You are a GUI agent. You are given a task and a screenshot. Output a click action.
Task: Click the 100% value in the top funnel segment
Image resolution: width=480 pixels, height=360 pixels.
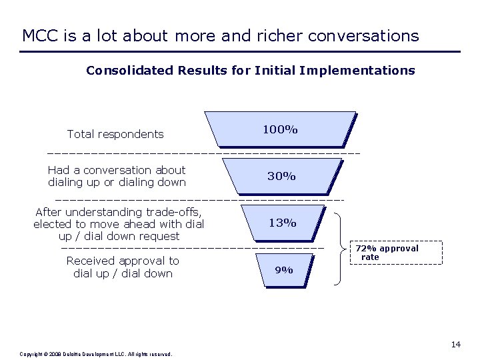[280, 129]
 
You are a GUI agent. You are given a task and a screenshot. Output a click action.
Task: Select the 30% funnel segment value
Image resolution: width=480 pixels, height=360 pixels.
[281, 176]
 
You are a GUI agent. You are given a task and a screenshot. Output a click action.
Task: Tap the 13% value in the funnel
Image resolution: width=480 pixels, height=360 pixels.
[283, 223]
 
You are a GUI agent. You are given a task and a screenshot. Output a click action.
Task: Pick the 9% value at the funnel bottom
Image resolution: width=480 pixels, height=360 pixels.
[284, 270]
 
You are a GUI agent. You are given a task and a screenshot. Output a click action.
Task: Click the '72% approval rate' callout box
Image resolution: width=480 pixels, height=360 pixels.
[396, 253]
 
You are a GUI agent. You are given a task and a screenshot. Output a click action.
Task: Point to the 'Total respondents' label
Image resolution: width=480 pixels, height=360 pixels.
[115, 134]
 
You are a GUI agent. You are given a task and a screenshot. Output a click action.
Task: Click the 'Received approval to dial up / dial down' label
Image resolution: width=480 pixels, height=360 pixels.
[123, 267]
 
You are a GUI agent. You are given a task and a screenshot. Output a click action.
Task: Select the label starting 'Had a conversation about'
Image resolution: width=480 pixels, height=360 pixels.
[117, 176]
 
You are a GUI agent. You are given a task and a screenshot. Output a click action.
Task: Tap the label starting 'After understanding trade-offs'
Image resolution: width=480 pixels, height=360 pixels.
[119, 224]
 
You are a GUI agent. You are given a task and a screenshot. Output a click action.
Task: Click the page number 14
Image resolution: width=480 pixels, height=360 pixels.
[455, 344]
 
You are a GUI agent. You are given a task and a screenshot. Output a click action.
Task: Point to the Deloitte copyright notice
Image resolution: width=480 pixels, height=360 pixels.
[97, 354]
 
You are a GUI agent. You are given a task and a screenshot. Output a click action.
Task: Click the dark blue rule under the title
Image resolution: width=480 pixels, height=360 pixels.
[240, 51]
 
